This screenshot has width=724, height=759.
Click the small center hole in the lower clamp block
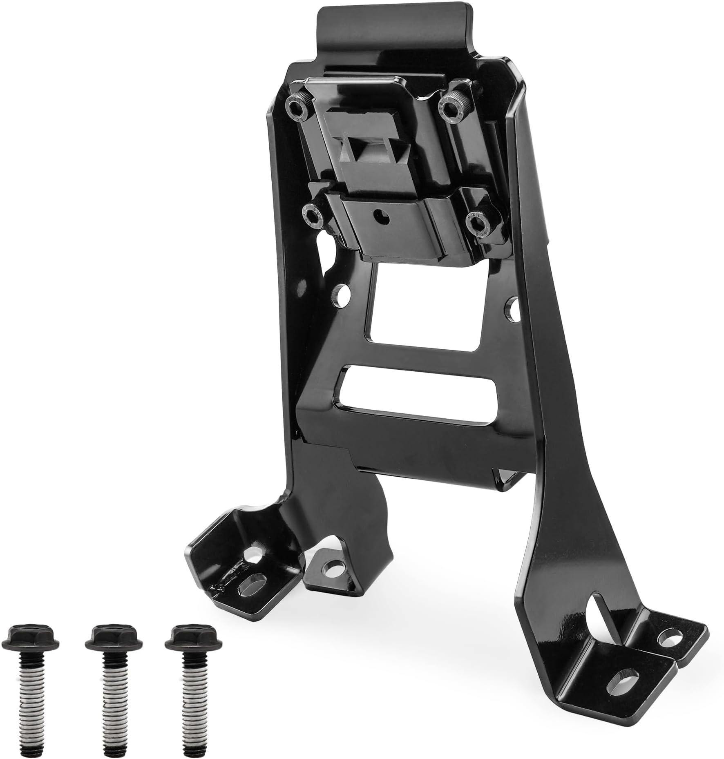click(384, 217)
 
